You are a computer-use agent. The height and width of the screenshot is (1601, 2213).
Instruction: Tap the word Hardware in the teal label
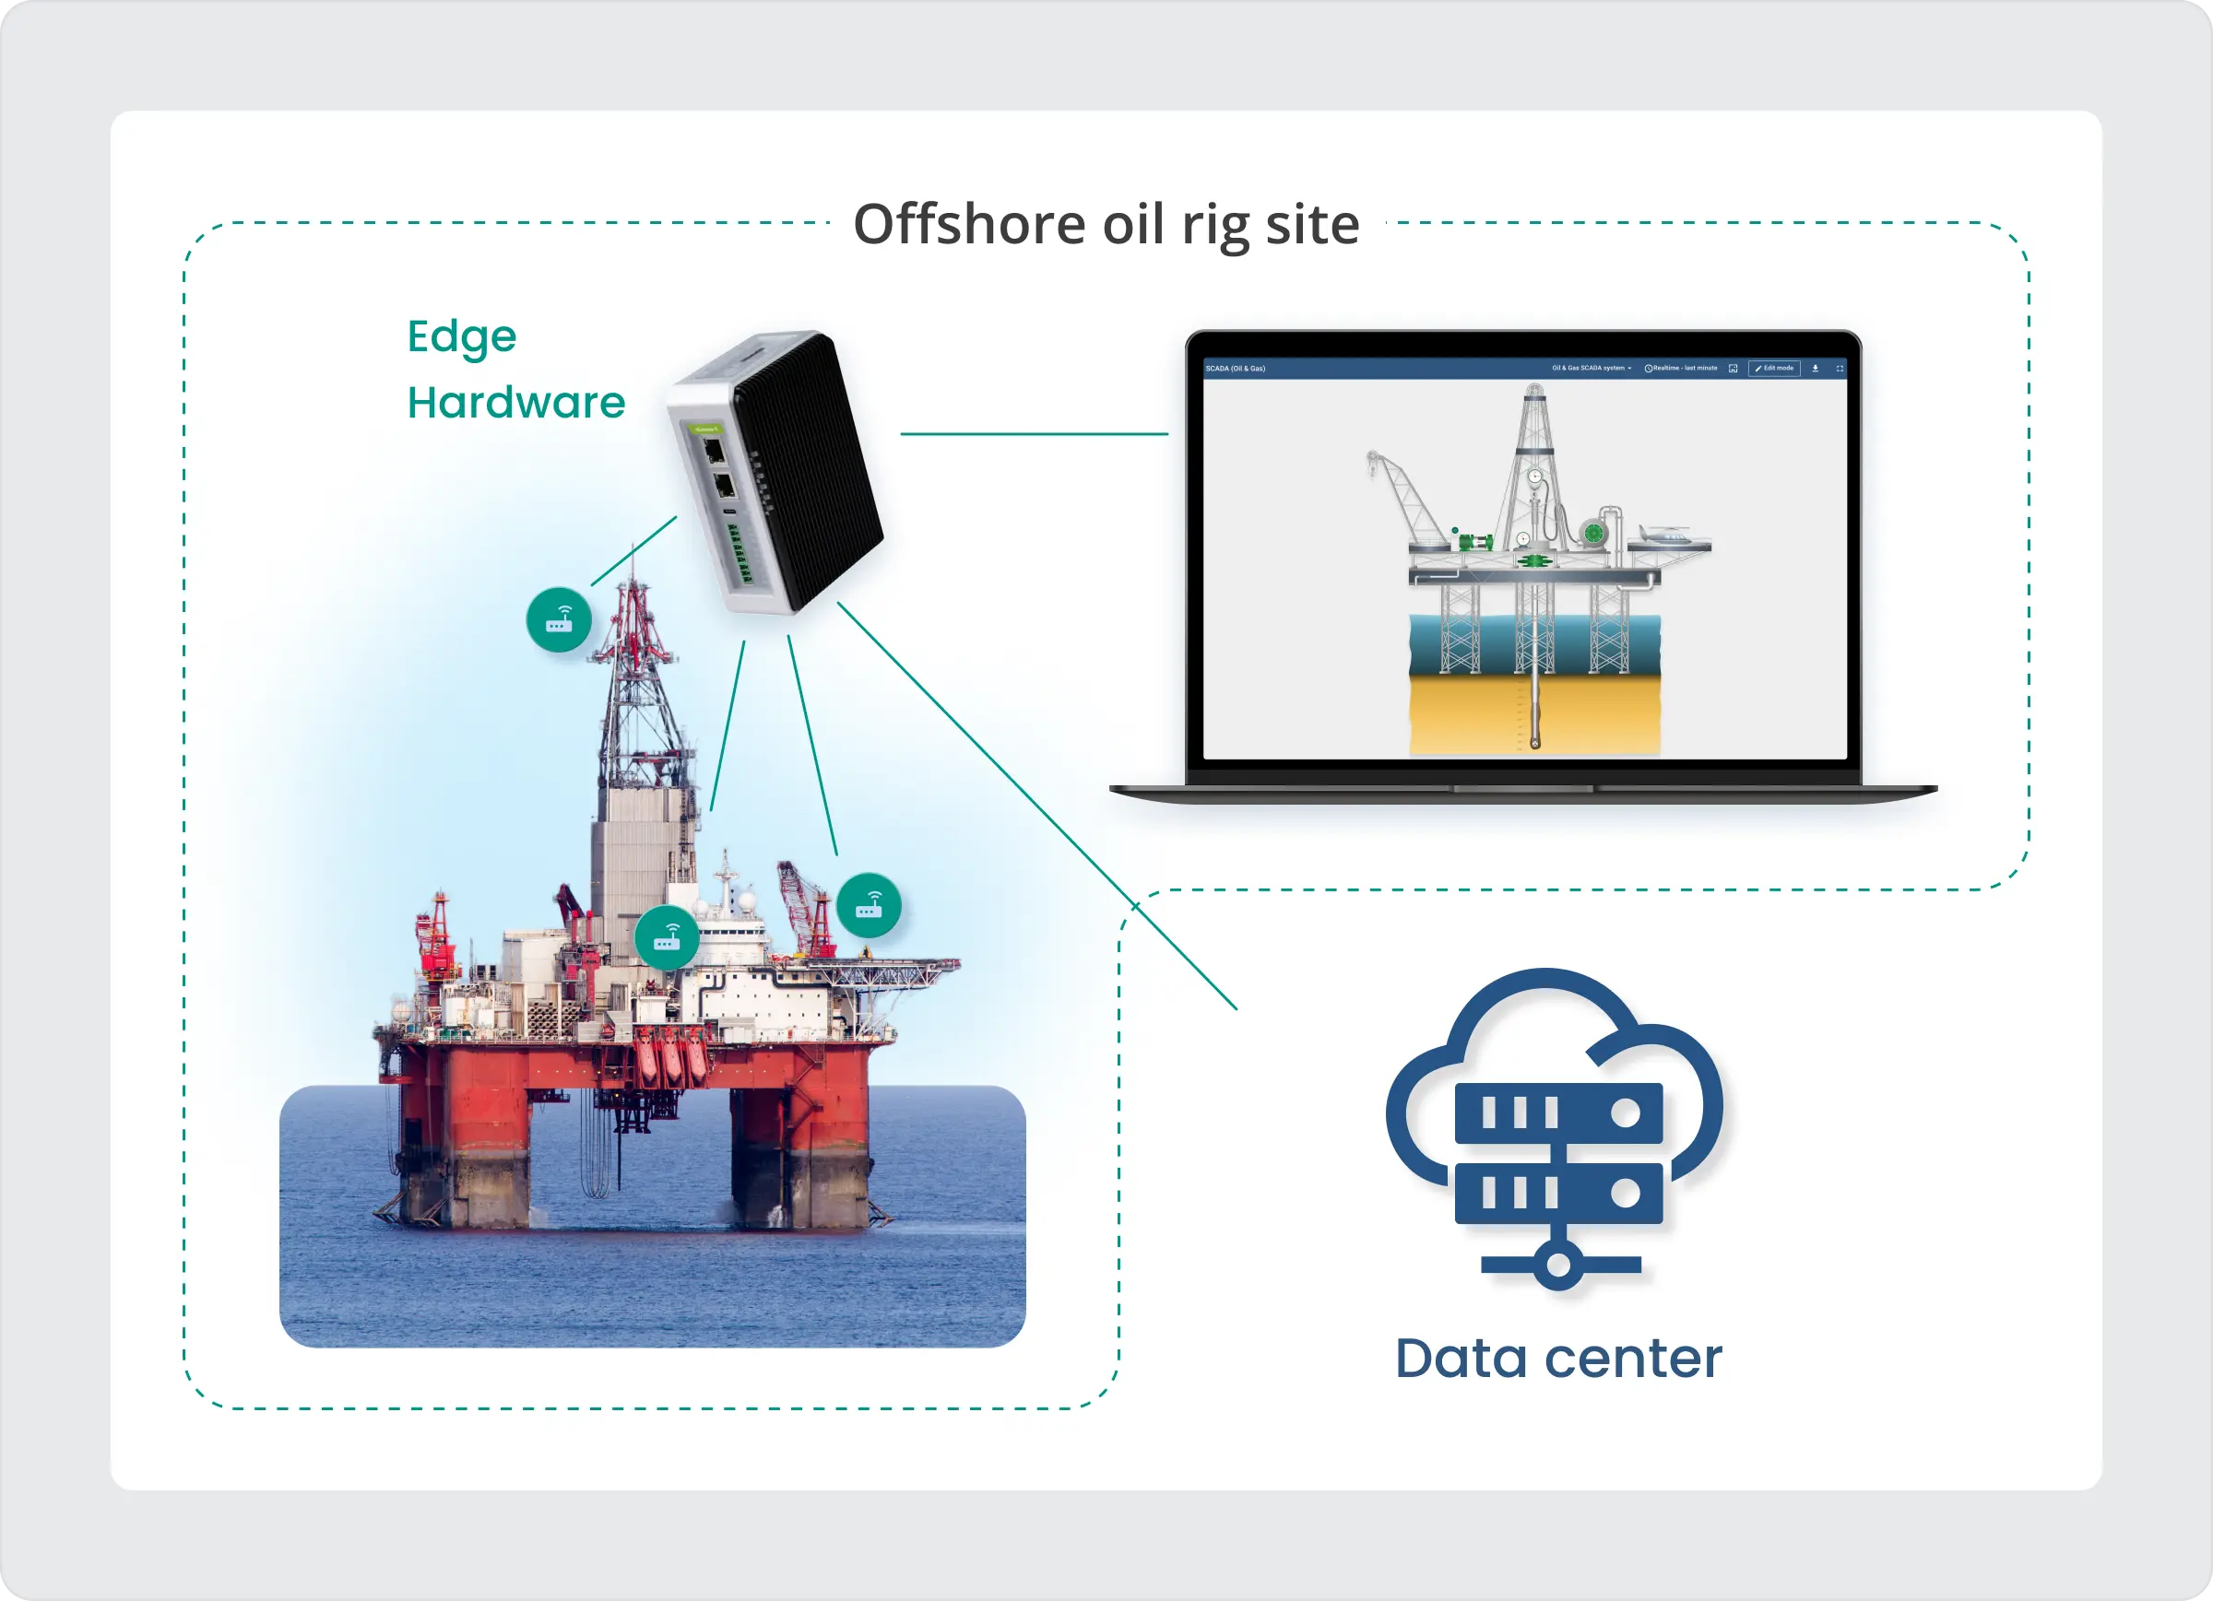[x=515, y=403]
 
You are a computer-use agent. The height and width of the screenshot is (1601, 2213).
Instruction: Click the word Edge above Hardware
[x=462, y=336]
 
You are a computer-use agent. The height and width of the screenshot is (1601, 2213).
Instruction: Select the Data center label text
[x=1558, y=1358]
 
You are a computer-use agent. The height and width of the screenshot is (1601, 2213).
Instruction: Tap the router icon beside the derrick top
[x=559, y=619]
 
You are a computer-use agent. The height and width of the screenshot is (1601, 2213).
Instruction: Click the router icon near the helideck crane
[x=869, y=905]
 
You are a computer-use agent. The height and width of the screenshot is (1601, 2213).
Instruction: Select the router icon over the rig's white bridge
[x=667, y=938]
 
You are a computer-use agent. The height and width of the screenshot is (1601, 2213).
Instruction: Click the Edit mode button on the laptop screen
[x=1774, y=369]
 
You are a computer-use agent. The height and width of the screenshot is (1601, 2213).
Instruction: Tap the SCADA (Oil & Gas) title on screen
[x=1236, y=369]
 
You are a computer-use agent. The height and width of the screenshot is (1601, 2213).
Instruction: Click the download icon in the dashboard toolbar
[x=1815, y=369]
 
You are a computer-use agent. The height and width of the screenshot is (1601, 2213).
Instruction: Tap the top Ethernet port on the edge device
[x=714, y=452]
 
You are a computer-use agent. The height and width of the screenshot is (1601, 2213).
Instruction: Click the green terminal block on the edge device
[x=740, y=553]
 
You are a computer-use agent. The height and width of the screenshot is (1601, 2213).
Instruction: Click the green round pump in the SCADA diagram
[x=1592, y=533]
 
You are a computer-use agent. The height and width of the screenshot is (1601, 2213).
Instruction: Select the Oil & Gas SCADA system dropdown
[x=1591, y=369]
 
